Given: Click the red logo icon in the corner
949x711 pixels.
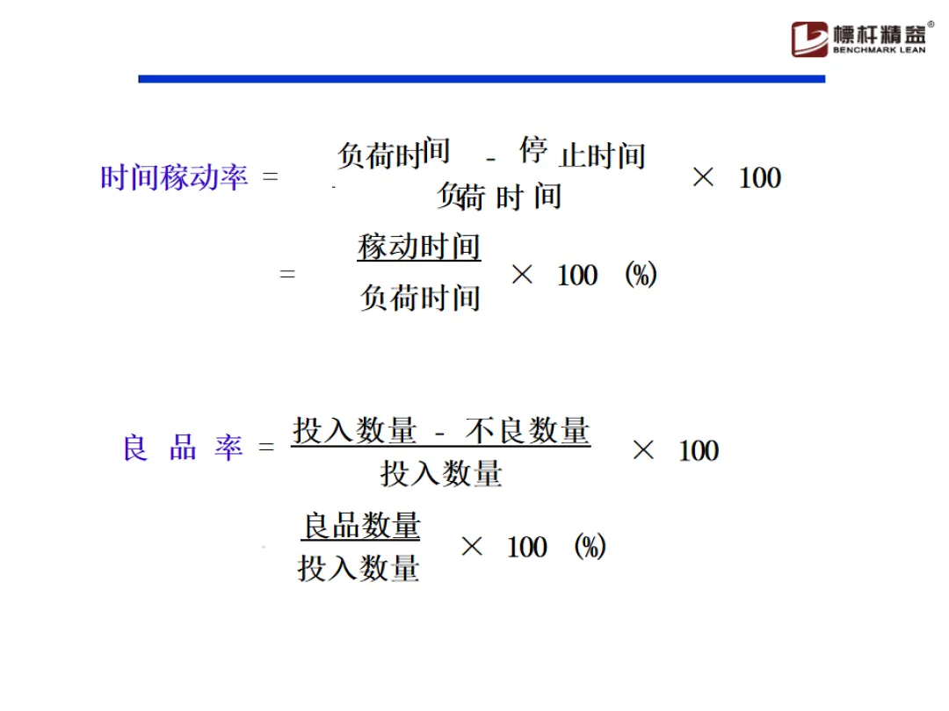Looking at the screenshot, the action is point(809,39).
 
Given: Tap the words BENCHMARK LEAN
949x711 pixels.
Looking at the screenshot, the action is point(879,51).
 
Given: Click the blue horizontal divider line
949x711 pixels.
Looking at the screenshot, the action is point(482,79).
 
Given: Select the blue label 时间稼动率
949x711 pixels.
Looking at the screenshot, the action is point(174,178).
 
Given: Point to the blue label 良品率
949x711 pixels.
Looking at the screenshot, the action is point(182,449).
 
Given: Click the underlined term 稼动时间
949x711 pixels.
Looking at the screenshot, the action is point(419,247).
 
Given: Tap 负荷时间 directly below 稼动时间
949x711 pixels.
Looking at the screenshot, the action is point(420,298).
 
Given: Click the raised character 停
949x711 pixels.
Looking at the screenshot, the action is point(533,149).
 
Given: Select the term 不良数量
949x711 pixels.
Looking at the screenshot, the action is point(527,431).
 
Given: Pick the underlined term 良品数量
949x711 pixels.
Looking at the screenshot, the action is point(361,526).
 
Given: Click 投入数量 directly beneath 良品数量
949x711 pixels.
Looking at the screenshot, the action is point(359,569).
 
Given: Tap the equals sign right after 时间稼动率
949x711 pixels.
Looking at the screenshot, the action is point(270,178).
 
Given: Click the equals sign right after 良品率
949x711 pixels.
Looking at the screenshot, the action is point(266,449).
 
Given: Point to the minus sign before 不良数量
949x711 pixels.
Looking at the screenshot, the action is point(441,433).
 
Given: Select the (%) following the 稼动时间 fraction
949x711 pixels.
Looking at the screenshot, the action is point(641,275).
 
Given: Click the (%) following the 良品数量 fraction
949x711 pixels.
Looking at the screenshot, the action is point(590,548).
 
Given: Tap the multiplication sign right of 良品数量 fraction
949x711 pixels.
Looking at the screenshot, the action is point(472,547).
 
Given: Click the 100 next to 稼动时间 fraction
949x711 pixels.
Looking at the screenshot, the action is point(577,276).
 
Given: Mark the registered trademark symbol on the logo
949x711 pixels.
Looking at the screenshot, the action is point(931,25).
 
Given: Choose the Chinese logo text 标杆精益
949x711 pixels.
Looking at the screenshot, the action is point(880,34).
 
